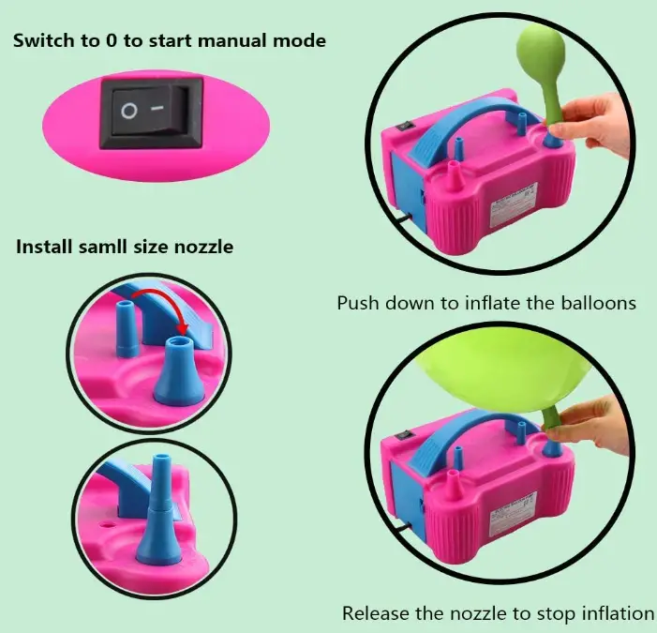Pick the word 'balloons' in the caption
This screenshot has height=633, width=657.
598,304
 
